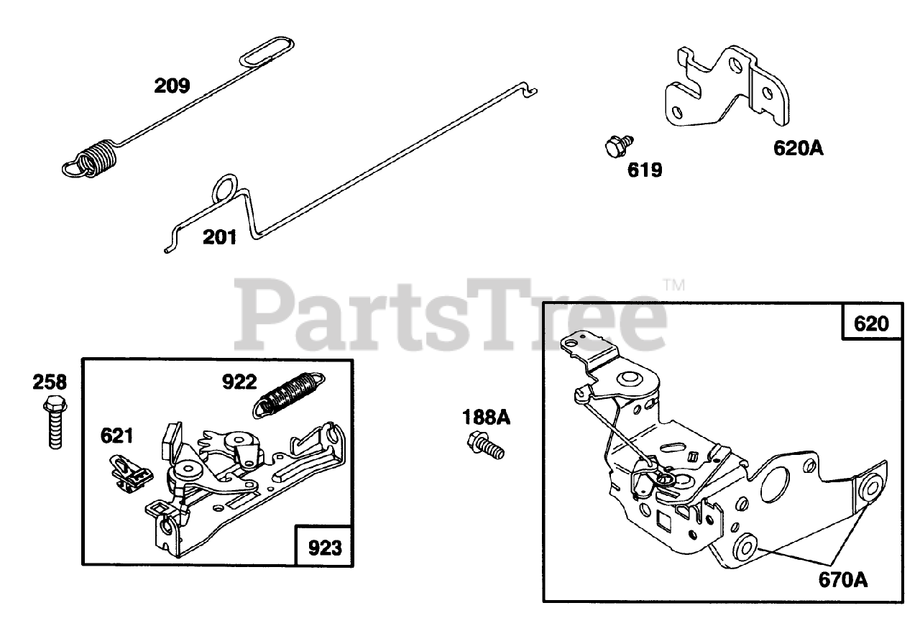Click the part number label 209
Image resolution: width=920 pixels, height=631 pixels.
[x=172, y=86]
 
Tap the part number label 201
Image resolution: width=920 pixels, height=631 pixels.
[x=219, y=236]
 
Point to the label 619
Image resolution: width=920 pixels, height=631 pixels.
[x=644, y=170]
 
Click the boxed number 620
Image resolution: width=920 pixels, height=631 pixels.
[x=871, y=323]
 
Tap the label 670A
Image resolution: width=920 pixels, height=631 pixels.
[x=842, y=579]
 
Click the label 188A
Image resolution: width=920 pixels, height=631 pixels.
[x=486, y=417]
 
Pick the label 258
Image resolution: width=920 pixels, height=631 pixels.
[x=50, y=382]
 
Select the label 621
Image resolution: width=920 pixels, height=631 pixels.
[x=116, y=435]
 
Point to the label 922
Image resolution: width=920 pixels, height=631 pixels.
[x=239, y=382]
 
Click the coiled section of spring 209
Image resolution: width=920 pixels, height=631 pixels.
[x=97, y=157]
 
